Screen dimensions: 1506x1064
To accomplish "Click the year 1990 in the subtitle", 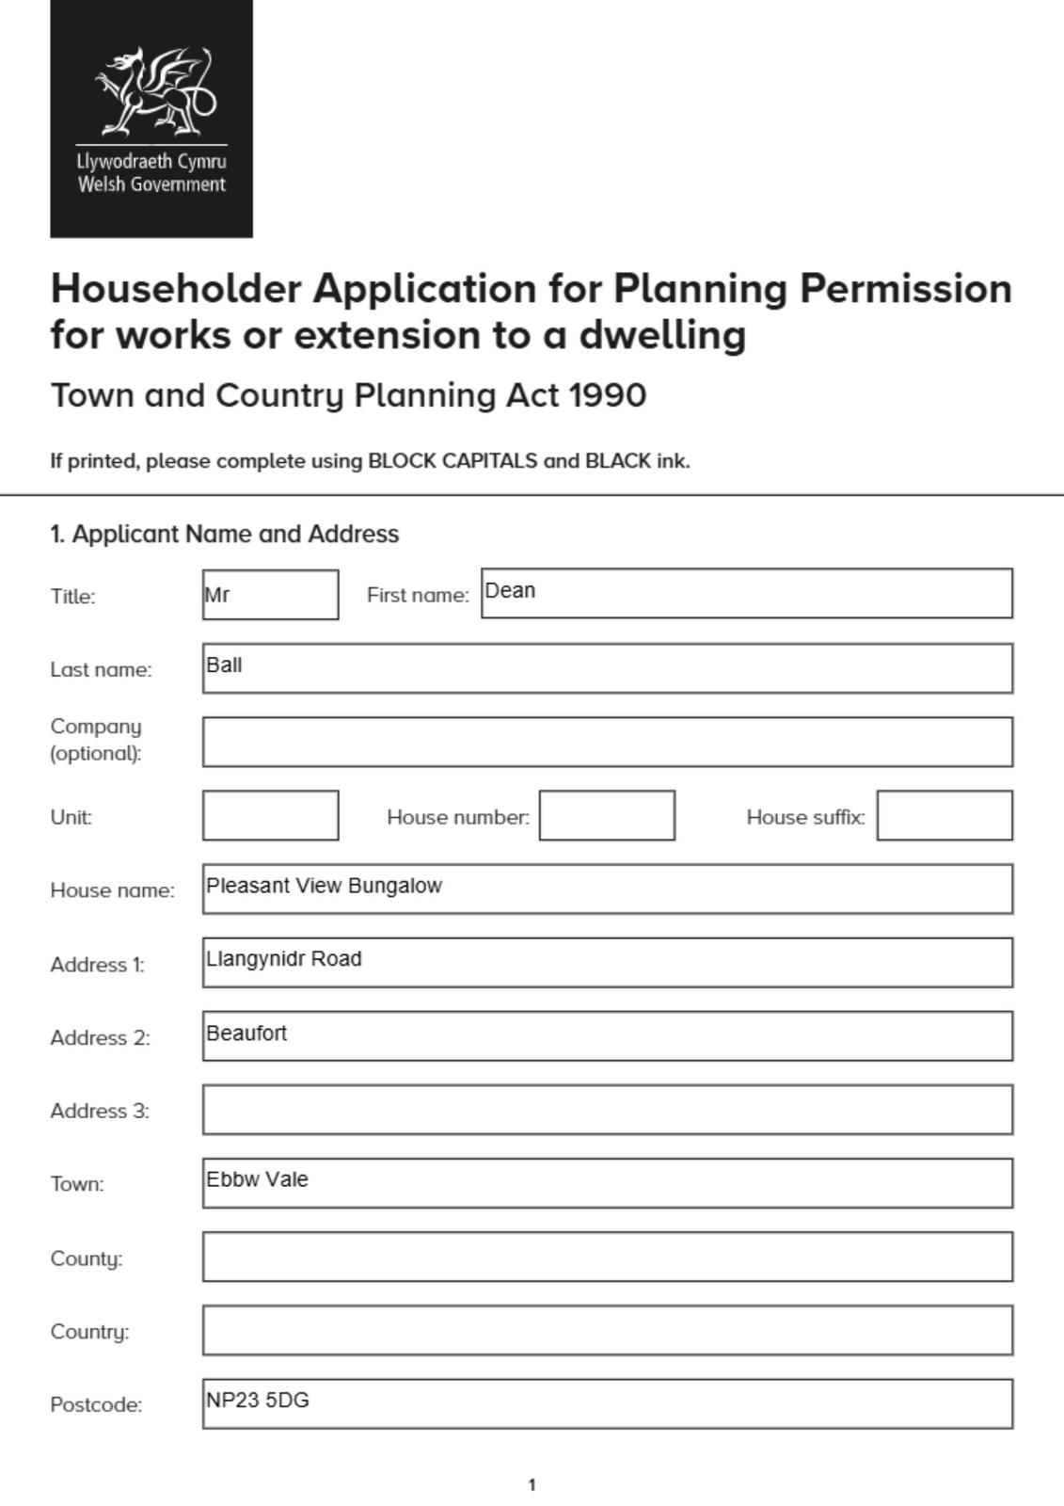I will (x=607, y=395).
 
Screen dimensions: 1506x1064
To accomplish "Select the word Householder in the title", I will (x=176, y=289).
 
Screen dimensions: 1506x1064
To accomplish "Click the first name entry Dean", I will (x=510, y=591).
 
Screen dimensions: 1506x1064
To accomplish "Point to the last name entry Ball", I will (x=224, y=665).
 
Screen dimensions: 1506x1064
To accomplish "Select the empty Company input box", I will (x=607, y=742).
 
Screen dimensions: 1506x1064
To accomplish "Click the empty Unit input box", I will (x=270, y=815).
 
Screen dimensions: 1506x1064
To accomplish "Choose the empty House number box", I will (x=607, y=815).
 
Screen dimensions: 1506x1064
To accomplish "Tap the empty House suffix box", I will (x=945, y=815).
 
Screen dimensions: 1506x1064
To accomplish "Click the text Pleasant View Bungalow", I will (x=324, y=886).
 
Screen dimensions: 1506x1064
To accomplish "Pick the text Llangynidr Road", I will (x=283, y=959).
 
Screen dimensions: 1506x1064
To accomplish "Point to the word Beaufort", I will (x=246, y=1033).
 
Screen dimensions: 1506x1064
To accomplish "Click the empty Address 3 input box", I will (x=607, y=1109).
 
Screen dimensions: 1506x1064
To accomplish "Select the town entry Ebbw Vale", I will (x=257, y=1179).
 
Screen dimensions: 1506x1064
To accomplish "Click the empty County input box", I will (x=607, y=1257).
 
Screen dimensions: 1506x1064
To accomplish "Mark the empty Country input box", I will (x=607, y=1330).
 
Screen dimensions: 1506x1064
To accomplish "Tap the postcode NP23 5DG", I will (x=258, y=1401).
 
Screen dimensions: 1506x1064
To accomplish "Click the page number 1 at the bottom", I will (x=532, y=1485).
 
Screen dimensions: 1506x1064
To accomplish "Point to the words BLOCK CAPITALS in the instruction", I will (x=453, y=461).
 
